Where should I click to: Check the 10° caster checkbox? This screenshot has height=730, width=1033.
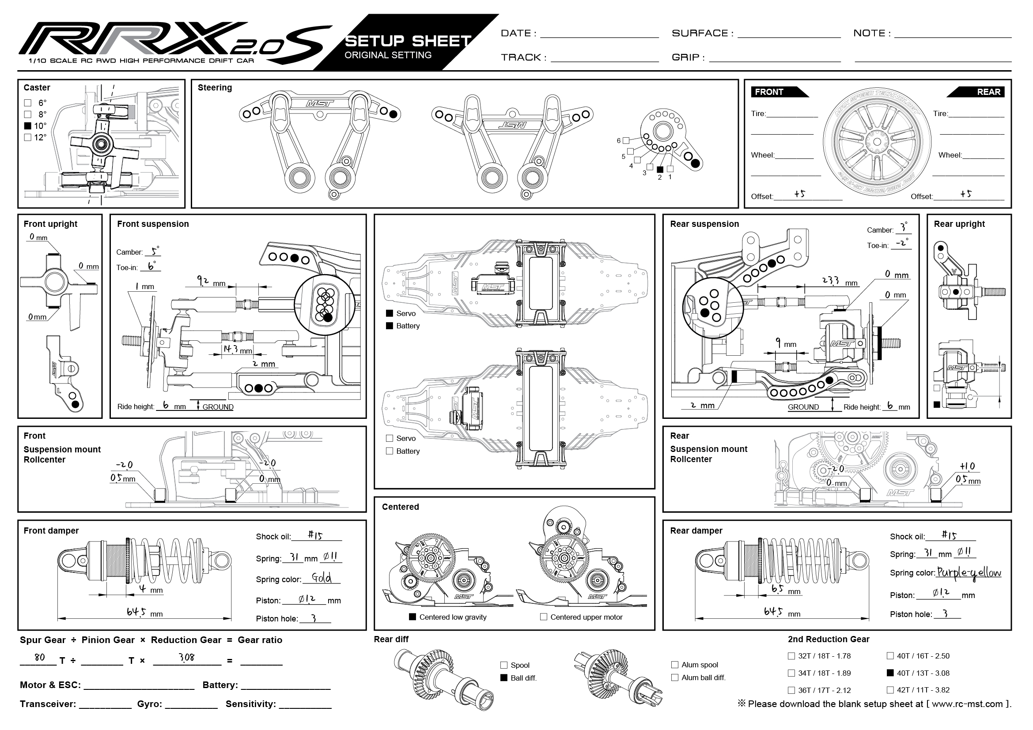(28, 126)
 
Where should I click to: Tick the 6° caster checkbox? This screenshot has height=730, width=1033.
(28, 103)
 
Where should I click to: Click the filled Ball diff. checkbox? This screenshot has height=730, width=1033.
(504, 678)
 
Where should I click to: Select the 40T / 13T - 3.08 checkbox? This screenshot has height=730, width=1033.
(890, 673)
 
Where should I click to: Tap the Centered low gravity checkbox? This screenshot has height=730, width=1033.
(412, 617)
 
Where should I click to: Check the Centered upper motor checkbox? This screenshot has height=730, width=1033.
(544, 617)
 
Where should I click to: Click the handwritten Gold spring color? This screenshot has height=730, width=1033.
(321, 578)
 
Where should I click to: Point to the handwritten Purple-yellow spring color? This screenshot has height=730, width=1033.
(969, 573)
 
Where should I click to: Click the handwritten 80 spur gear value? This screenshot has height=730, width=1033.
(40, 657)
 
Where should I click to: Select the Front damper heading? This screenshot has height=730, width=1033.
(51, 531)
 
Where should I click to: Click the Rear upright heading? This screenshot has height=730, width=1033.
(959, 224)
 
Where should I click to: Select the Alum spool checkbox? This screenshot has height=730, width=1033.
(674, 665)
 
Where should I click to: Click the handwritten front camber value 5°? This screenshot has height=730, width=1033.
(154, 251)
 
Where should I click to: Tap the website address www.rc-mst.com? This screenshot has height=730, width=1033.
(967, 704)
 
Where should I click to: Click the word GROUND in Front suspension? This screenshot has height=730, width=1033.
(218, 407)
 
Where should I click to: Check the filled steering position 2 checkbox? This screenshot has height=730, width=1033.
(660, 169)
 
